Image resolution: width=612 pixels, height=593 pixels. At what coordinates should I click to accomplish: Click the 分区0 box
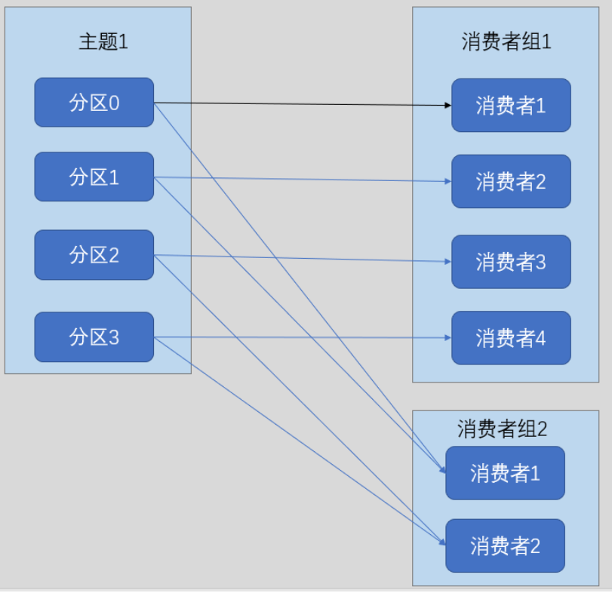(x=94, y=102)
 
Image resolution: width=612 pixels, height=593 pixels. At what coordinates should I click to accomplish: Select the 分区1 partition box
(x=94, y=177)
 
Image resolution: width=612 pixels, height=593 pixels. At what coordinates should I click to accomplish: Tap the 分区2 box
(x=94, y=255)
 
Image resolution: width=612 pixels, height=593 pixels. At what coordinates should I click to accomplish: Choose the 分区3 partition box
(x=94, y=337)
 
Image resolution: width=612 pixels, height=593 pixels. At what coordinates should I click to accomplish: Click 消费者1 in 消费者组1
(x=512, y=106)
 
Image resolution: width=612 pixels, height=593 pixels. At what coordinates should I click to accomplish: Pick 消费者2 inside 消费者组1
(x=512, y=181)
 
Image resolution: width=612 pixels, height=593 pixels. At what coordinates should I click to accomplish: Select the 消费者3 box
(x=512, y=262)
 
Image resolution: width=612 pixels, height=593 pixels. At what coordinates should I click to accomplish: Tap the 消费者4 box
(x=512, y=338)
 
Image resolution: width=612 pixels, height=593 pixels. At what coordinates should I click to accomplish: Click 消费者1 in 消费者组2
(x=506, y=473)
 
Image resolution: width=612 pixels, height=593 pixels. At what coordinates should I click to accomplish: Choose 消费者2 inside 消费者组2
(x=506, y=545)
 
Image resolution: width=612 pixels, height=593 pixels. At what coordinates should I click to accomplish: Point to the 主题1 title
(x=103, y=41)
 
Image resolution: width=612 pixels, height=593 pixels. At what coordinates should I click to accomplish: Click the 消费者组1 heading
(x=506, y=41)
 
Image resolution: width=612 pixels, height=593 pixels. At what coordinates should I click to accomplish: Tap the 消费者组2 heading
(x=502, y=429)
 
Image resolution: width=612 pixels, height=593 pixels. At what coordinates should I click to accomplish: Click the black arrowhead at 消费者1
(x=448, y=105)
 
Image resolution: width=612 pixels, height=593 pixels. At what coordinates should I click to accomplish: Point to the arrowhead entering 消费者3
(x=448, y=261)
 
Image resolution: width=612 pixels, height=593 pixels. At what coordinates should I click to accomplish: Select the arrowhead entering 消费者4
(x=448, y=337)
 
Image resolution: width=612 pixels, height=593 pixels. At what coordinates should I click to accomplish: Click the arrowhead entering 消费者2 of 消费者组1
(x=448, y=181)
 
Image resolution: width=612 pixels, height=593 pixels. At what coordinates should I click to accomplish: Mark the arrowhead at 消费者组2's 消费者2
(x=442, y=542)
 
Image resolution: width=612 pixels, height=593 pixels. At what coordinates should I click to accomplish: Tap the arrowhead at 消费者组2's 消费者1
(x=442, y=469)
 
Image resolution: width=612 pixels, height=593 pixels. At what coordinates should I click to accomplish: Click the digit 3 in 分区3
(x=114, y=337)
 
